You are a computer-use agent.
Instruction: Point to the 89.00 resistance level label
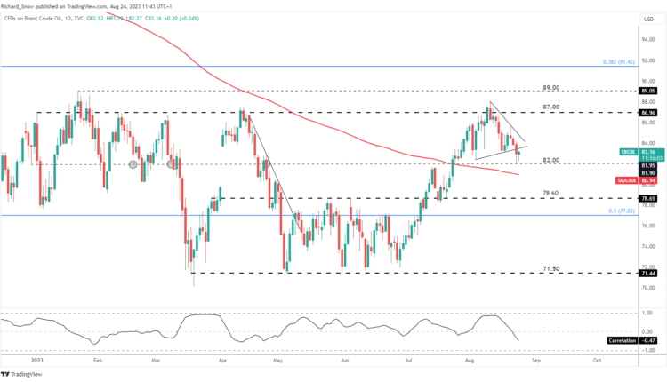click(x=550, y=88)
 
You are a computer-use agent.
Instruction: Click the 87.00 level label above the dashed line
click(x=550, y=107)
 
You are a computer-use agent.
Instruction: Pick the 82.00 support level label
click(x=551, y=159)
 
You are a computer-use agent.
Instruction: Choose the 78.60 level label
click(x=550, y=193)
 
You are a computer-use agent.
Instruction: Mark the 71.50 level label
click(x=550, y=267)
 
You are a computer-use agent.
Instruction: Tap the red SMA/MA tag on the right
click(x=626, y=179)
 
